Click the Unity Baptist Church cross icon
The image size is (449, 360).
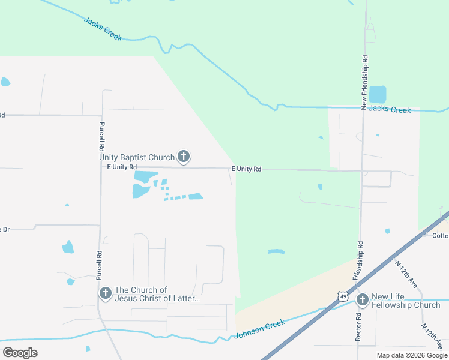(x=184, y=158)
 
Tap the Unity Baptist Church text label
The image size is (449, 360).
(x=137, y=158)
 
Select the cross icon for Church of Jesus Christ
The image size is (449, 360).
(x=105, y=293)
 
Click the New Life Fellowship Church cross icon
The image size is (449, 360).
(x=362, y=300)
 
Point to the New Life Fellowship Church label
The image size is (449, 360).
(x=406, y=301)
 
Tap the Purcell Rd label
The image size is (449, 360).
(x=102, y=137)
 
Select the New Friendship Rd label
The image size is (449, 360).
(x=364, y=82)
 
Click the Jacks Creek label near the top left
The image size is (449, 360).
(x=103, y=29)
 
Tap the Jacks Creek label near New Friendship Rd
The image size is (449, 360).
(x=390, y=109)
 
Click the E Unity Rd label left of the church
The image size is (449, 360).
(x=122, y=167)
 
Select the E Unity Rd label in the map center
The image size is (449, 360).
(x=246, y=169)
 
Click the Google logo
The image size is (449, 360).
(x=20, y=353)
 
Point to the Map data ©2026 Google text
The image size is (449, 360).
(x=412, y=355)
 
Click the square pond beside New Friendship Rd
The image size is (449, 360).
(x=378, y=94)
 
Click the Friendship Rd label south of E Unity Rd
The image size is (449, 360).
(x=360, y=260)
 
